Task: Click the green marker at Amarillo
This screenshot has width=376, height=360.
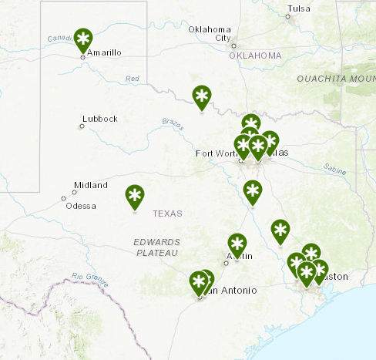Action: pyautogui.click(x=83, y=38)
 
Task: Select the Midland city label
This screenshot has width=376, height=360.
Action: pyautogui.click(x=85, y=186)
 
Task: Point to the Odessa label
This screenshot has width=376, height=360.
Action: pyautogui.click(x=81, y=206)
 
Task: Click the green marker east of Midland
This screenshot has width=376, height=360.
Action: pyautogui.click(x=135, y=196)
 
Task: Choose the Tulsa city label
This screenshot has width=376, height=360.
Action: pyautogui.click(x=299, y=9)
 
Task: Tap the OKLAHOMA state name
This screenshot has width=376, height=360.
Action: pyautogui.click(x=257, y=56)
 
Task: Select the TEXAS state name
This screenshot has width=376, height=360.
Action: pyautogui.click(x=167, y=214)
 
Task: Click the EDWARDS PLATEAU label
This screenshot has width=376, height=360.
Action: pyautogui.click(x=156, y=247)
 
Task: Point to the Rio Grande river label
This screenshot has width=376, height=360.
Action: pyautogui.click(x=88, y=276)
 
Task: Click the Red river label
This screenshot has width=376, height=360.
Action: pyautogui.click(x=133, y=79)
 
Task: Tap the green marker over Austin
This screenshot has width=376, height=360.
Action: pyautogui.click(x=237, y=244)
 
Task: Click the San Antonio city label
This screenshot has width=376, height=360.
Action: pyautogui.click(x=228, y=290)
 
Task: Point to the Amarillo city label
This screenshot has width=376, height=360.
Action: pyautogui.click(x=105, y=53)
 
